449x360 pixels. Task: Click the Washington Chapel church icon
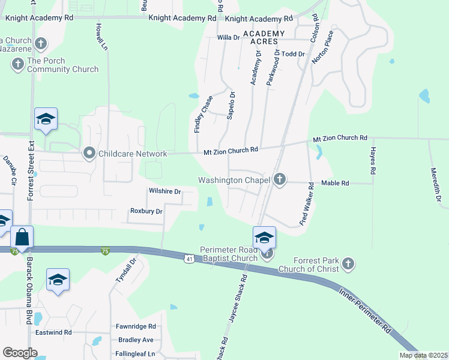[x=280, y=179]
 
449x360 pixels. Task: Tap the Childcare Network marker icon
[x=90, y=154]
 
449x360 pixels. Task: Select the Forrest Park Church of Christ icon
[x=348, y=263]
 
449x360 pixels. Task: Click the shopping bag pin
[x=22, y=238]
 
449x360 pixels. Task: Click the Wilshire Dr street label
[x=164, y=191]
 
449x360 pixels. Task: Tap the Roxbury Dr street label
[x=146, y=211]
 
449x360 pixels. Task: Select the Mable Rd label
[x=335, y=183]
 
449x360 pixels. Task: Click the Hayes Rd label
[x=373, y=161]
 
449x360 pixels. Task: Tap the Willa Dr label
[x=228, y=37]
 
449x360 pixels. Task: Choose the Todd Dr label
[x=294, y=54]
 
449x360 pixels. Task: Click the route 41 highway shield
[x=188, y=258]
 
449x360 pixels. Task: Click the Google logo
[x=20, y=353]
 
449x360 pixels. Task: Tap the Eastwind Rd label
[x=53, y=332]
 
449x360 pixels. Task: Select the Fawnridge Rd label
[x=137, y=327]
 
